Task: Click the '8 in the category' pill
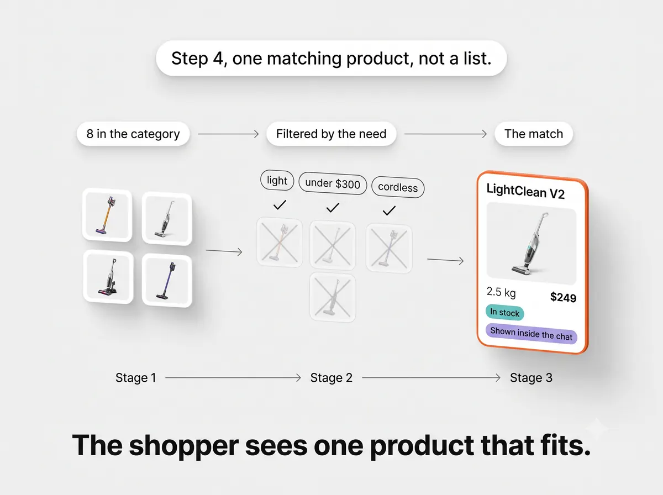(x=133, y=134)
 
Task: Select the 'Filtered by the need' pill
(x=331, y=134)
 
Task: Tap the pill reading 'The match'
(x=534, y=134)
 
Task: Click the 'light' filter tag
(x=277, y=181)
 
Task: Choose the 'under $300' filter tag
(x=333, y=183)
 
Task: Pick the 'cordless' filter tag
(x=398, y=187)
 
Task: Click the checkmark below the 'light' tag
(x=280, y=205)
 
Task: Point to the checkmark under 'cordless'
(x=389, y=210)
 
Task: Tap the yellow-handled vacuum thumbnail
(x=107, y=215)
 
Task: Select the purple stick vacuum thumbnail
(x=167, y=281)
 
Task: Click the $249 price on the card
(x=563, y=297)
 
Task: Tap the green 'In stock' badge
(x=505, y=313)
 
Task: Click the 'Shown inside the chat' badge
(x=532, y=334)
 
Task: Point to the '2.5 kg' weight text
(x=501, y=292)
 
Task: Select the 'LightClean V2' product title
(x=525, y=192)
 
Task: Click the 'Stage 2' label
(x=331, y=378)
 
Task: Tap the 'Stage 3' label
(x=531, y=378)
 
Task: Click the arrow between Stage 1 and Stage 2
(x=233, y=377)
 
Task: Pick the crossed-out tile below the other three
(x=333, y=297)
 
